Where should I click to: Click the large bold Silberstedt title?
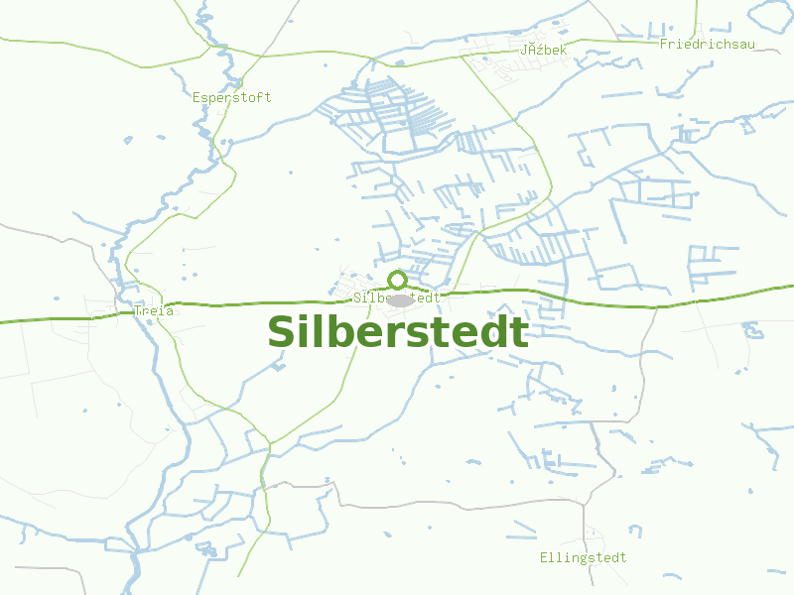pyautogui.click(x=397, y=332)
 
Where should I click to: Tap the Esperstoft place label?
pyautogui.click(x=231, y=97)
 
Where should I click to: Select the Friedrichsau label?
pyautogui.click(x=701, y=44)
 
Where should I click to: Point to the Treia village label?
pyautogui.click(x=153, y=310)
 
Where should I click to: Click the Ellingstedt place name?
pyautogui.click(x=583, y=557)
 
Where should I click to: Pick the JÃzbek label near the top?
pyautogui.click(x=543, y=49)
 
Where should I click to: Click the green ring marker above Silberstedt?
pyautogui.click(x=397, y=280)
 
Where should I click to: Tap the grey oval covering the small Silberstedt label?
pyautogui.click(x=400, y=299)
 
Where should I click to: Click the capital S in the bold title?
pyautogui.click(x=283, y=332)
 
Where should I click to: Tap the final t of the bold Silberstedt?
pyautogui.click(x=516, y=332)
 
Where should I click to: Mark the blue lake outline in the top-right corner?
pyautogui.click(x=770, y=12)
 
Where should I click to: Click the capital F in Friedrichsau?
pyautogui.click(x=663, y=44)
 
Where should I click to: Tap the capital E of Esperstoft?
pyautogui.click(x=197, y=97)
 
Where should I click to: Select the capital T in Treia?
pyautogui.click(x=136, y=310)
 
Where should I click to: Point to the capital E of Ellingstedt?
pyautogui.click(x=544, y=557)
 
